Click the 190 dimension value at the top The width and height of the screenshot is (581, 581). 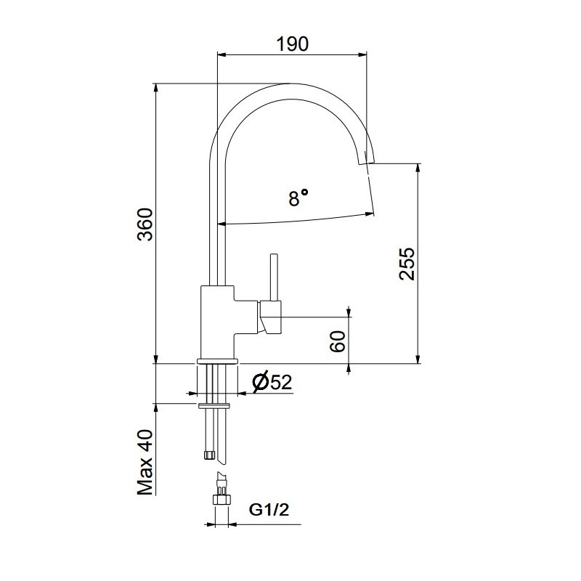293,44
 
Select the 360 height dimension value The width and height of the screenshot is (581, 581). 145,224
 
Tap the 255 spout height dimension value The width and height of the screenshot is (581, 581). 407,264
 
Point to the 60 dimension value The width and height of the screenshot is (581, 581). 338,341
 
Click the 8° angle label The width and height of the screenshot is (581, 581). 298,198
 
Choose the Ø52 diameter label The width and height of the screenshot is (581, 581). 272,382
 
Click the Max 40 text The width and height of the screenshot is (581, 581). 145,463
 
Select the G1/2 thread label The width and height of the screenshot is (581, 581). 269,510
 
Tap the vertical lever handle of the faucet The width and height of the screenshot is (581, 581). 275,277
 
